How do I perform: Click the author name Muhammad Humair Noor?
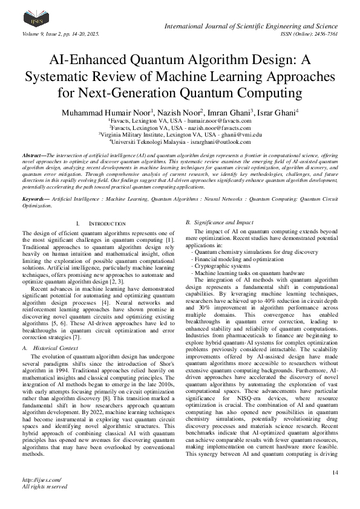113,112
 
